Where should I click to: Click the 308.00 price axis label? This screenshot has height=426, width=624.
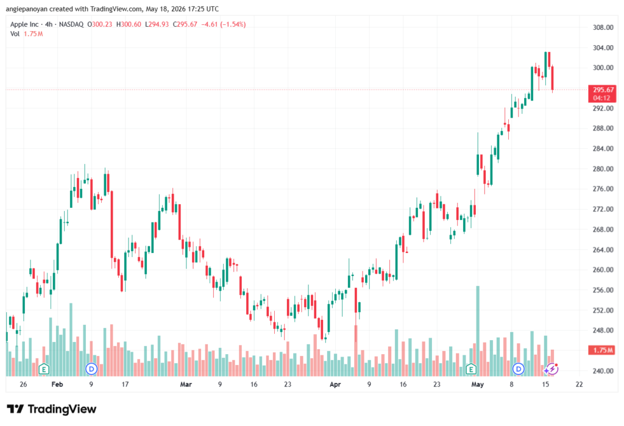[603, 27]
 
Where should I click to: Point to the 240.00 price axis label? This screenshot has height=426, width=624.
[603, 371]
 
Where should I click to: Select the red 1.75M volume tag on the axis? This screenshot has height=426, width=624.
[602, 350]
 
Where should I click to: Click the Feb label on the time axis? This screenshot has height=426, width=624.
[57, 384]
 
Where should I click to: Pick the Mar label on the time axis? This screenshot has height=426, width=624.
[186, 384]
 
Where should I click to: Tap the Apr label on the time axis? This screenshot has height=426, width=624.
[335, 384]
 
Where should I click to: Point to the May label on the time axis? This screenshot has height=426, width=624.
[477, 384]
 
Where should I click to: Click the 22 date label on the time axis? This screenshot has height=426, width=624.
[579, 384]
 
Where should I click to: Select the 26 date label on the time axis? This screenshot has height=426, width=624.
[23, 384]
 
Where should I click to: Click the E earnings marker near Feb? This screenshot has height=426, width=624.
[44, 369]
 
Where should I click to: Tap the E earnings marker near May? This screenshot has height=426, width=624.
[471, 369]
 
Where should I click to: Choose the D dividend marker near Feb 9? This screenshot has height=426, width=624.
[91, 369]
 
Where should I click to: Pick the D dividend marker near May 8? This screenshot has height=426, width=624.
[518, 369]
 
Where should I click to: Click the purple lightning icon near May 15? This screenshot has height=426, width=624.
[552, 369]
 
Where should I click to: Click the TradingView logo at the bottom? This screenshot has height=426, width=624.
[52, 409]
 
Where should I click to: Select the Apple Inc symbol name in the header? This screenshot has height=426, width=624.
[24, 24]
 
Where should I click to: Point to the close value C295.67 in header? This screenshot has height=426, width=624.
[185, 24]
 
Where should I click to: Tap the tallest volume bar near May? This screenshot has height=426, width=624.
[478, 331]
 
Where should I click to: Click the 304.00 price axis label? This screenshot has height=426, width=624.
[603, 48]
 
